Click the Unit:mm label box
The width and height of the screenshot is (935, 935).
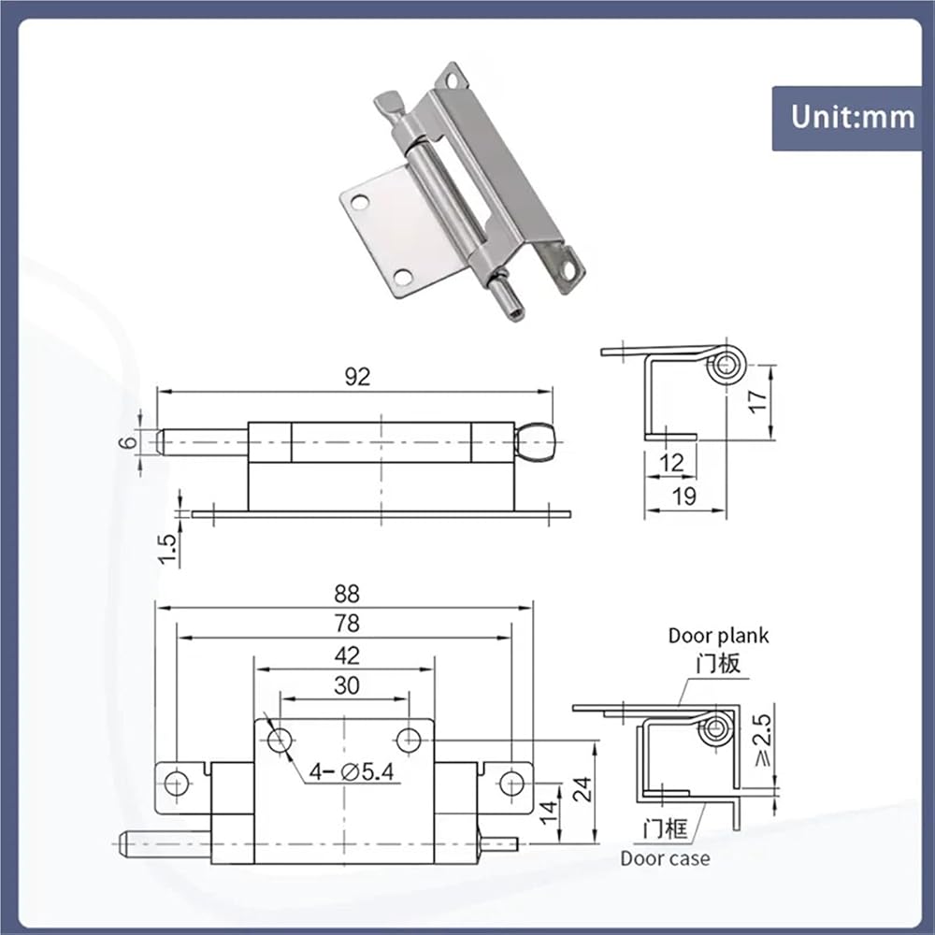click(847, 118)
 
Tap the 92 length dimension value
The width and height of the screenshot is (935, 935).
click(357, 376)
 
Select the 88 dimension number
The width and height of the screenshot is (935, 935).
click(347, 594)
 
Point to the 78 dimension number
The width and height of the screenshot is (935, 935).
click(347, 623)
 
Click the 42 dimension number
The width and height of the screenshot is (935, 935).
click(347, 655)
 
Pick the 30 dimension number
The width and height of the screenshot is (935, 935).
click(347, 685)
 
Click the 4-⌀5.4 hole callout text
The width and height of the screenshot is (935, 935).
click(352, 772)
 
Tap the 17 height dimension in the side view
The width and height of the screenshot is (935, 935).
click(756, 401)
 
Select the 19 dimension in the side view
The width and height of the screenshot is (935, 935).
click(683, 496)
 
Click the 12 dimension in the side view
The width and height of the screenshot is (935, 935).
click(671, 463)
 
